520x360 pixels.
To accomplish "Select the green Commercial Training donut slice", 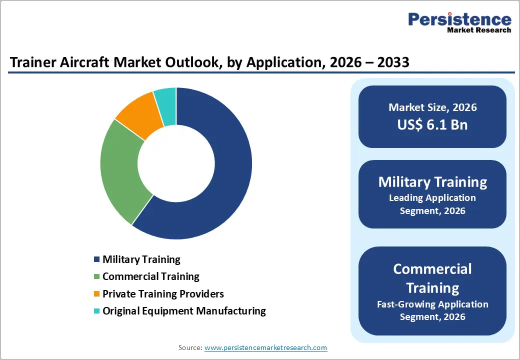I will pyautogui.click(x=120, y=170).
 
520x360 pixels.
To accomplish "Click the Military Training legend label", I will pyautogui.click(x=141, y=259).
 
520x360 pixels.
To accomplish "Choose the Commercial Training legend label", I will pyautogui.click(x=150, y=276).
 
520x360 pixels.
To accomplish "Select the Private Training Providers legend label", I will pyautogui.click(x=163, y=293).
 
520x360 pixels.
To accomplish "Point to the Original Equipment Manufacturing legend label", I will pyautogui.click(x=184, y=311).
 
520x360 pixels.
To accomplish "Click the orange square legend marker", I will pyautogui.click(x=96, y=294).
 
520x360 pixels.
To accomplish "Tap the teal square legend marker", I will pyautogui.click(x=96, y=311).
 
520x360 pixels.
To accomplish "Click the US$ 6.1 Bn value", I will pyautogui.click(x=432, y=124).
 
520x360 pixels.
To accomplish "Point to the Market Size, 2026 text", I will pyautogui.click(x=432, y=107).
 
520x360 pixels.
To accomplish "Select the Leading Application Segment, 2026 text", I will pyautogui.click(x=432, y=204).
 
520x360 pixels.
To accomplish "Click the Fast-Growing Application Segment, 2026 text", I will pyautogui.click(x=432, y=310).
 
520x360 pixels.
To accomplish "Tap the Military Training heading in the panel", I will pyautogui.click(x=432, y=181).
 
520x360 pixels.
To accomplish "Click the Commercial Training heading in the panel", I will pyautogui.click(x=432, y=278).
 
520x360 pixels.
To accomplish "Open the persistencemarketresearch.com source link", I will pyautogui.click(x=265, y=347).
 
